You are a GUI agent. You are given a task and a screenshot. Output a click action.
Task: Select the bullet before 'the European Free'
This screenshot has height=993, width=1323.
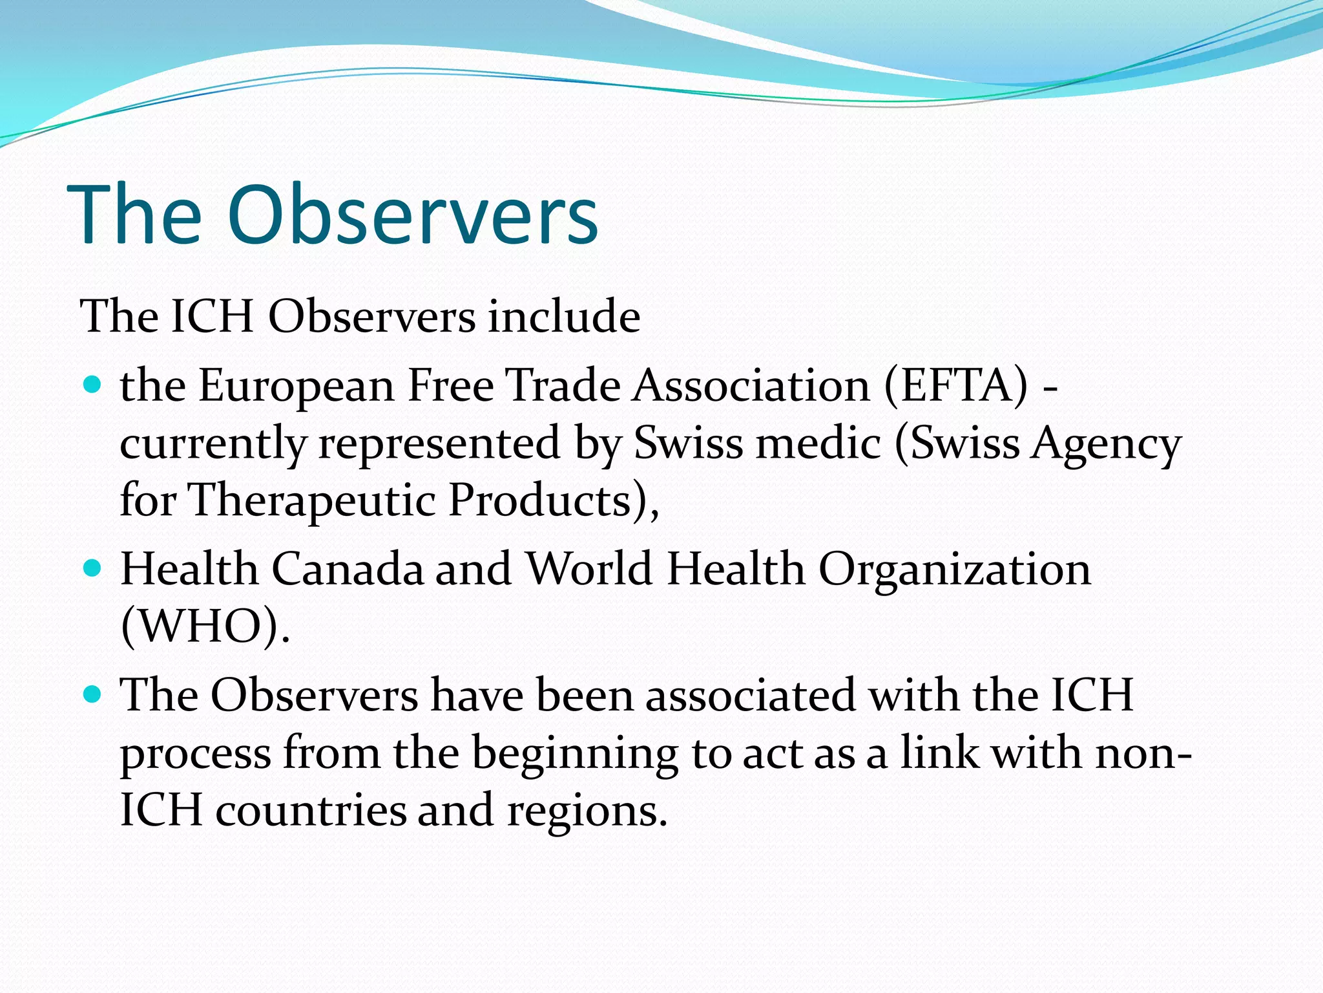pyautogui.click(x=94, y=385)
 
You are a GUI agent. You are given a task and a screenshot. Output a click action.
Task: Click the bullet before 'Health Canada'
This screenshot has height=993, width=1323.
pyautogui.click(x=94, y=568)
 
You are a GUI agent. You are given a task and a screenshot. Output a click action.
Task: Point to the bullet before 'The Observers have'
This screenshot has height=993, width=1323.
pyautogui.click(x=94, y=695)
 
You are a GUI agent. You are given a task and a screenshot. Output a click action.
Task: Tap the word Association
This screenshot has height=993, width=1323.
pyautogui.click(x=751, y=386)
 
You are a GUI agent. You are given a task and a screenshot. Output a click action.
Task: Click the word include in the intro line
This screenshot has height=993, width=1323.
pyautogui.click(x=563, y=317)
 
